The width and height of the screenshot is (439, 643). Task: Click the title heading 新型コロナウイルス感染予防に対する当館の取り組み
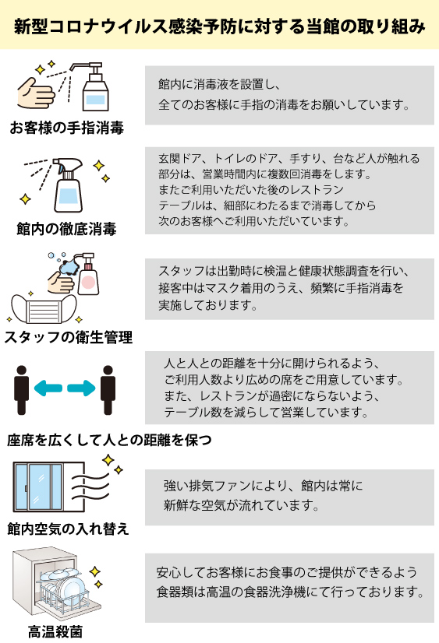pos(219,26)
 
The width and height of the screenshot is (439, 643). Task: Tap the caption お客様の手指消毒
pos(66,128)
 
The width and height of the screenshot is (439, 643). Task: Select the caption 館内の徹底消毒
pos(66,228)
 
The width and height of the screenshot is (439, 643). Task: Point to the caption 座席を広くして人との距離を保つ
pos(109,440)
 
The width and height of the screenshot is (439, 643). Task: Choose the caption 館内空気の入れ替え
pos(68,529)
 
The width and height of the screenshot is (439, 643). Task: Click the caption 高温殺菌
pos(55,631)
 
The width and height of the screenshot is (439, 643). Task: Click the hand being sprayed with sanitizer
pos(36,93)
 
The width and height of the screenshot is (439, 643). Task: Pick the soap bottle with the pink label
pos(88,274)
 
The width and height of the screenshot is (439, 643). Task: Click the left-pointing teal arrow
pos(48,388)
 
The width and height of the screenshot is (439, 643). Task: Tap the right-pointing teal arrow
pos(81,388)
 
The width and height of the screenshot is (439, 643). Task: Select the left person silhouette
pos(21,390)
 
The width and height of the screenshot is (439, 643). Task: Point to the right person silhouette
pos(108,390)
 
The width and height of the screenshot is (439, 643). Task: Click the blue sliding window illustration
pos(49,487)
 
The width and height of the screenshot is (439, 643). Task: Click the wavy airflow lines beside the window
pos(91,487)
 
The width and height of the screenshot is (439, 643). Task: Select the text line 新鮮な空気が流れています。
pos(241,504)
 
